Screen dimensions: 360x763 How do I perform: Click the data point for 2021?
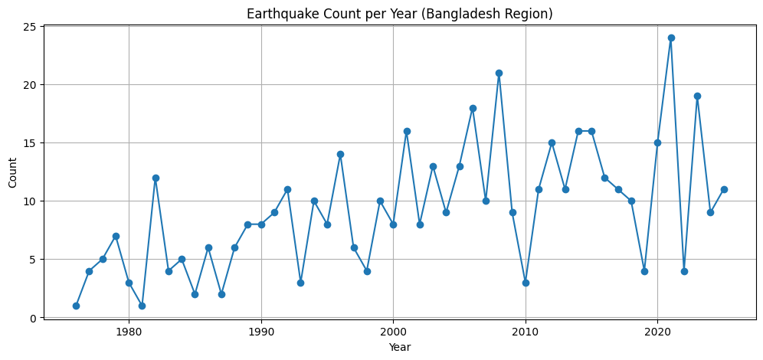point(671,38)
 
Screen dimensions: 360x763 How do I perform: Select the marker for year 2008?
point(499,73)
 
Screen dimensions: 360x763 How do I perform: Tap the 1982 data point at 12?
point(156,178)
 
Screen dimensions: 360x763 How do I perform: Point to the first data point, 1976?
point(76,306)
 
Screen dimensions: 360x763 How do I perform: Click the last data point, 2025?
point(724,189)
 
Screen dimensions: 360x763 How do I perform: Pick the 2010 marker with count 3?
point(526,283)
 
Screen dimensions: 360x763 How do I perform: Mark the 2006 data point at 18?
point(473,108)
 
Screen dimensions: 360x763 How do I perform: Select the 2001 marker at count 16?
point(407,131)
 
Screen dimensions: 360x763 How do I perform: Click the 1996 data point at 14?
point(340,154)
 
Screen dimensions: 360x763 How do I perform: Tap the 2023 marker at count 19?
point(697,96)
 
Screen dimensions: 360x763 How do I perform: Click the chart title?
point(399,14)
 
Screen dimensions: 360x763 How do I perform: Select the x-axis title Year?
point(399,347)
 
